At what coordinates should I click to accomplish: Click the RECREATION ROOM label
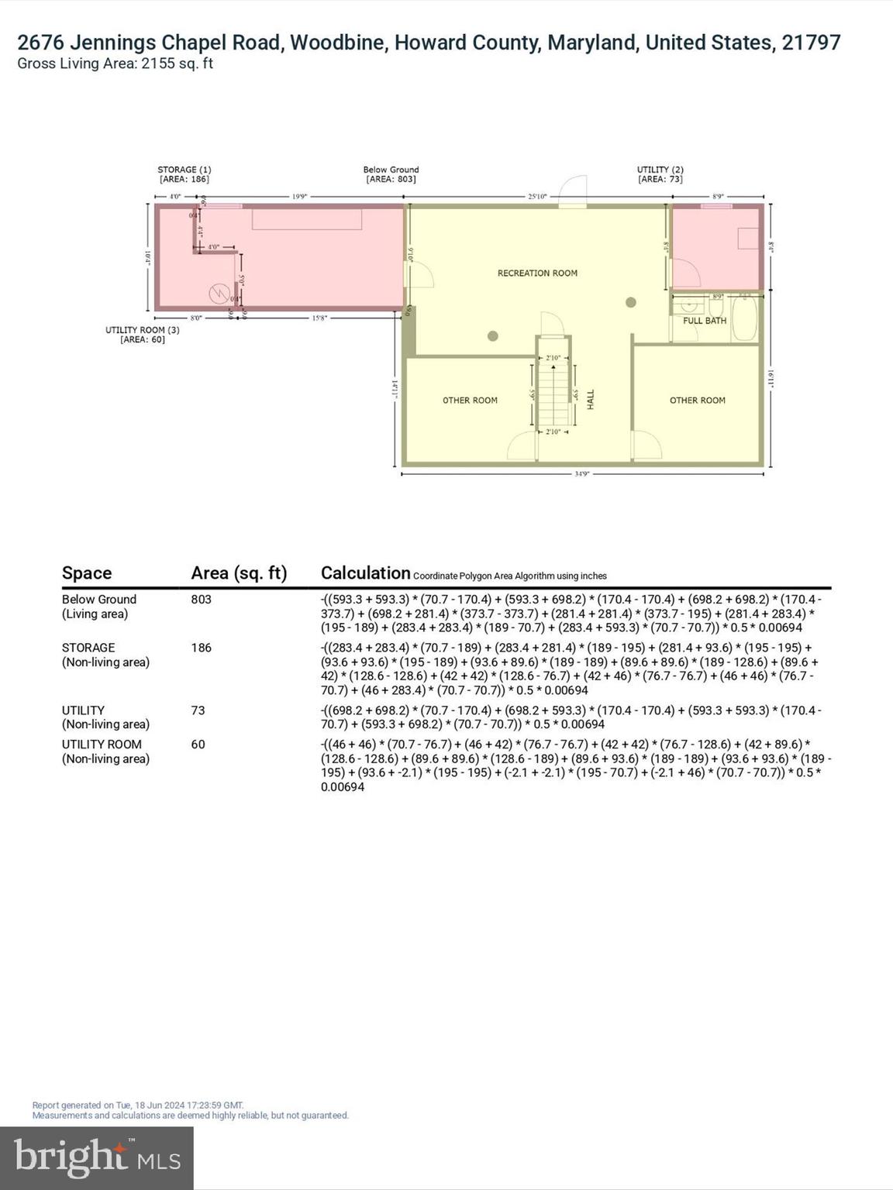537,273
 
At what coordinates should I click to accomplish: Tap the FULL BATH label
704,321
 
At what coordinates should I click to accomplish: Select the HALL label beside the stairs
591,400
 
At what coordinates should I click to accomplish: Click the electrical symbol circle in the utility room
219,294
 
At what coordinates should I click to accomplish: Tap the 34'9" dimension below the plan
582,473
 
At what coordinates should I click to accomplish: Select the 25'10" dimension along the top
537,197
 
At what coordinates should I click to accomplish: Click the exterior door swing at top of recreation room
573,191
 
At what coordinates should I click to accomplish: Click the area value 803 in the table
201,600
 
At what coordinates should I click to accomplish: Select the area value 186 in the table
201,648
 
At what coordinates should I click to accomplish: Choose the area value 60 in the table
198,745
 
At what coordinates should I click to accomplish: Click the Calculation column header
365,573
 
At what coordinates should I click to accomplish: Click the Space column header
87,573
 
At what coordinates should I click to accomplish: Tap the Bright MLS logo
97,1157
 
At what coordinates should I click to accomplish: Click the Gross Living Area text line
116,64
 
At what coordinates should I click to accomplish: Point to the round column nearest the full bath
631,302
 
